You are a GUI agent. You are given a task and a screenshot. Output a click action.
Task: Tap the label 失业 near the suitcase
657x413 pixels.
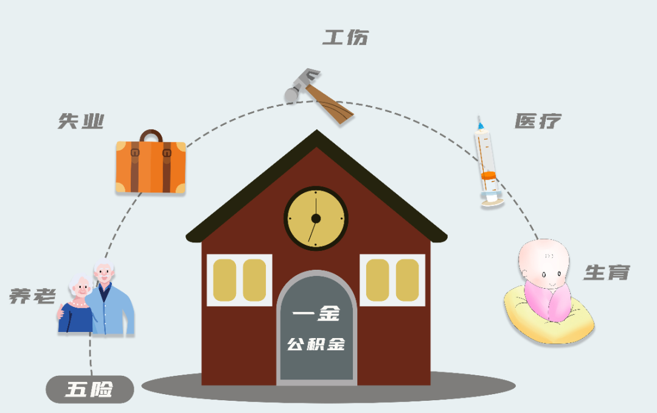point(81,121)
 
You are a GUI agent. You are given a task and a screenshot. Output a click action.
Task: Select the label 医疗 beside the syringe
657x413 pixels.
point(537,121)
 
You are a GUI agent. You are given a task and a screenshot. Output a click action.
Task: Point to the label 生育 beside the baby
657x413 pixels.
point(607,272)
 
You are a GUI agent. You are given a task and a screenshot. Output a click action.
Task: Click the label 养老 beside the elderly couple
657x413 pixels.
point(32,297)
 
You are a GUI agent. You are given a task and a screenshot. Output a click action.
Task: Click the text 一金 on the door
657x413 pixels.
point(316,314)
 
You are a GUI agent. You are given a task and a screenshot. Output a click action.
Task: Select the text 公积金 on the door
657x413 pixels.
point(316,344)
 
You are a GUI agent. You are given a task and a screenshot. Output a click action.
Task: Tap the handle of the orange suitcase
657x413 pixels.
point(151,135)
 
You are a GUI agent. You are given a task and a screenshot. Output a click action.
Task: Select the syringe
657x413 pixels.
point(488,162)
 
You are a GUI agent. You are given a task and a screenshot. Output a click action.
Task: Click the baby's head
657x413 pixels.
point(543,265)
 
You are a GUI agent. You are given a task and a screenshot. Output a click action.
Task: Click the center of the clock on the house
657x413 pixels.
point(316,218)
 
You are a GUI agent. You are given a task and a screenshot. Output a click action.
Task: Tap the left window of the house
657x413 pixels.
point(239,280)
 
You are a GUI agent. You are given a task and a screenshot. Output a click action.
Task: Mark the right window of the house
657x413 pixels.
point(392,280)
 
